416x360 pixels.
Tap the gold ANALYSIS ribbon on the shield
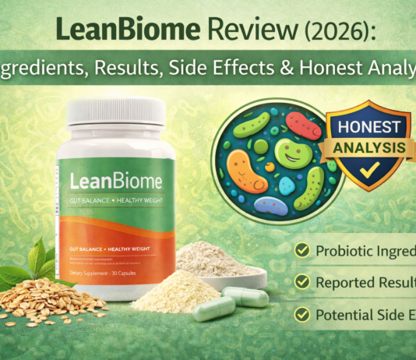(x=365, y=147)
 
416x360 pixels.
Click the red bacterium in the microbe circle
(x=302, y=124)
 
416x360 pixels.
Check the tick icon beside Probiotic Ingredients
(x=302, y=250)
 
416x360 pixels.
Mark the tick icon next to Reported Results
(x=302, y=282)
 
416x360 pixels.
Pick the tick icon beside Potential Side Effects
(x=302, y=315)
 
